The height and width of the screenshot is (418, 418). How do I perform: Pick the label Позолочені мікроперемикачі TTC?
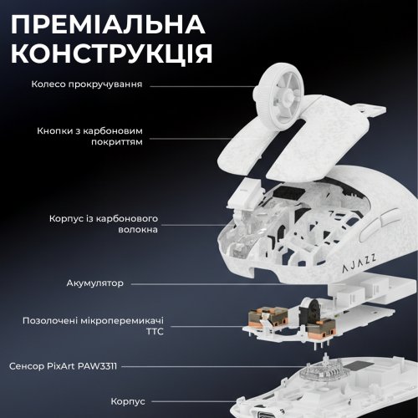click(x=99, y=325)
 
